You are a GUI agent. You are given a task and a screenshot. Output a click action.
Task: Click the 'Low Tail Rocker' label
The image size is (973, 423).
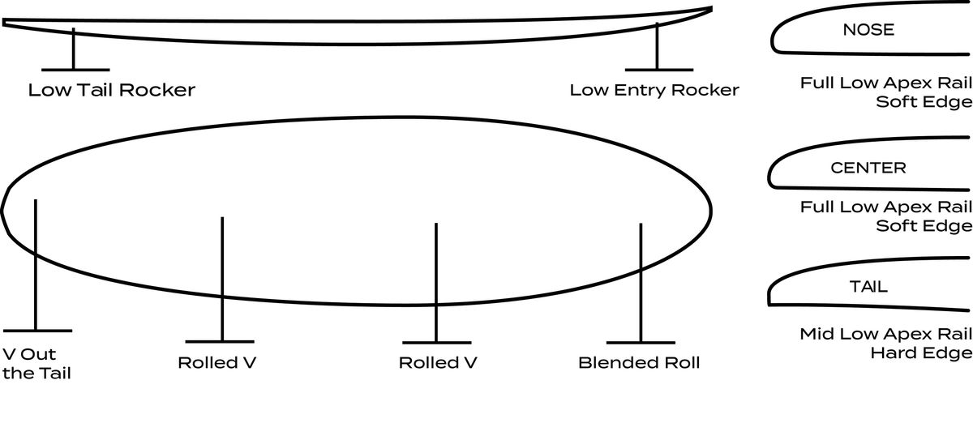tap(112, 90)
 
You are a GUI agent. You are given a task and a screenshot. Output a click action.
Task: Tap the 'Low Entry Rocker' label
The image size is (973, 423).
tap(654, 90)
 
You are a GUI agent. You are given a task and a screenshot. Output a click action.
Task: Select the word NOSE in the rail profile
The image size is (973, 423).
tap(868, 29)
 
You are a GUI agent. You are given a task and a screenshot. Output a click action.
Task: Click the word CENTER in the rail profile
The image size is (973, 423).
tap(868, 168)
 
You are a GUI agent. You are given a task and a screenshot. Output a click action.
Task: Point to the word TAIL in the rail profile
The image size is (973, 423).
tap(868, 287)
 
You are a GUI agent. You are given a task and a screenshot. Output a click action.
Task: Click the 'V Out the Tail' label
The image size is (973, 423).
tap(36, 364)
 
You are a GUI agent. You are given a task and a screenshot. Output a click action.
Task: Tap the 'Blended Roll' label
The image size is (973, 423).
tap(639, 363)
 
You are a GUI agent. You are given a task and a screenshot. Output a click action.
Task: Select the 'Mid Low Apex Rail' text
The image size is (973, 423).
tap(885, 334)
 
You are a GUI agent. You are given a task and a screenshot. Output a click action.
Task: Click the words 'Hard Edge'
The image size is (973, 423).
tap(921, 352)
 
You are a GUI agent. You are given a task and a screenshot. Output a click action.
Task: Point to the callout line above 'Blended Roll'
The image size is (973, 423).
tap(641, 283)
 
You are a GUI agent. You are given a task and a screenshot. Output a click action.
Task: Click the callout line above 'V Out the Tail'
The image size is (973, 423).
tap(36, 265)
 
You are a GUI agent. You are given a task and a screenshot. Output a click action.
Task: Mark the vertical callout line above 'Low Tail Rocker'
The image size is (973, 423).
tap(74, 49)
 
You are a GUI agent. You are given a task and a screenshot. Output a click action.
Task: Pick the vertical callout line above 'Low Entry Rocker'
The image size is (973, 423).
tap(658, 46)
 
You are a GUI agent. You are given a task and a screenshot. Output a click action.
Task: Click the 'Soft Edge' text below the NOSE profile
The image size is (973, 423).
tap(924, 101)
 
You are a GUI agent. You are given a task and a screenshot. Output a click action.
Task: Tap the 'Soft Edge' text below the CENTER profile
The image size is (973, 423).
tap(924, 225)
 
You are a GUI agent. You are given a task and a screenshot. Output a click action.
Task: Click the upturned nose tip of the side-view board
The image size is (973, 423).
tap(712, 9)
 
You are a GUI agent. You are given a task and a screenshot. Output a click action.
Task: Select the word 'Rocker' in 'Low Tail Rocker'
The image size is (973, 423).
tap(157, 90)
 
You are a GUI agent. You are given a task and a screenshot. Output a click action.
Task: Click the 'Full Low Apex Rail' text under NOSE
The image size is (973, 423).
tap(886, 83)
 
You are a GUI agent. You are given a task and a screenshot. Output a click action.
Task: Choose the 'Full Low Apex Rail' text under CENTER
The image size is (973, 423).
tap(886, 207)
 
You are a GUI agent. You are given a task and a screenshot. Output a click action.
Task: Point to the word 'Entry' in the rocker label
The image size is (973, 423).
tap(640, 90)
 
